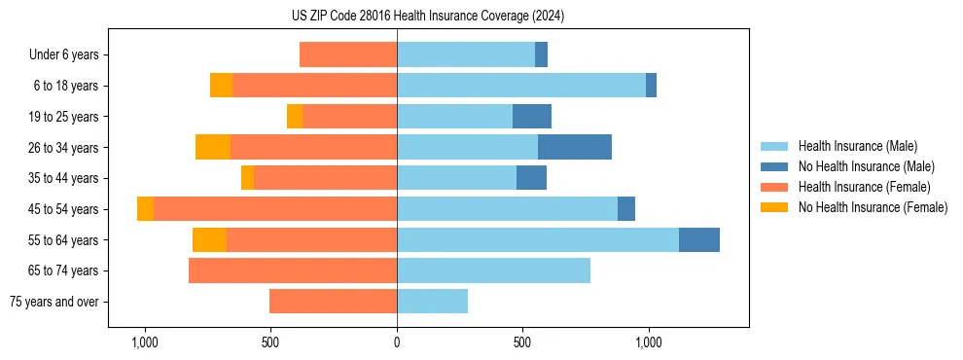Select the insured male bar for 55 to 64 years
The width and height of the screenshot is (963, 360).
[538, 239]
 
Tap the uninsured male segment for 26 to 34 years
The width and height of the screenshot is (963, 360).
[574, 147]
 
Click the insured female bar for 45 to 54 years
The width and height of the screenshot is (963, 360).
[275, 209]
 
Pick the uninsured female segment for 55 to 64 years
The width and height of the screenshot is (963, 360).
[209, 239]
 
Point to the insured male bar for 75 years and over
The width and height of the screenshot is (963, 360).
[432, 302]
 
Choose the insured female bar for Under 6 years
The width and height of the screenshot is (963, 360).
[348, 54]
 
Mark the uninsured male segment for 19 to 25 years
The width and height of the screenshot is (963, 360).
[532, 117]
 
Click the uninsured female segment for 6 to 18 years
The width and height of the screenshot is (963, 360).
[221, 86]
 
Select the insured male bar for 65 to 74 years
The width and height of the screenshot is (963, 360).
[493, 270]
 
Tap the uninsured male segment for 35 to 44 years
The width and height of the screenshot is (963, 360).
[531, 178]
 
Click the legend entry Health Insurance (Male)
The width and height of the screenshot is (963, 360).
[856, 146]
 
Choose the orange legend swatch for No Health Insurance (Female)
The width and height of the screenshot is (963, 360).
[774, 207]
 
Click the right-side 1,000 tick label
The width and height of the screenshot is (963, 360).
[649, 342]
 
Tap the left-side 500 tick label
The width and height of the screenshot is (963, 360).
[270, 342]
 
